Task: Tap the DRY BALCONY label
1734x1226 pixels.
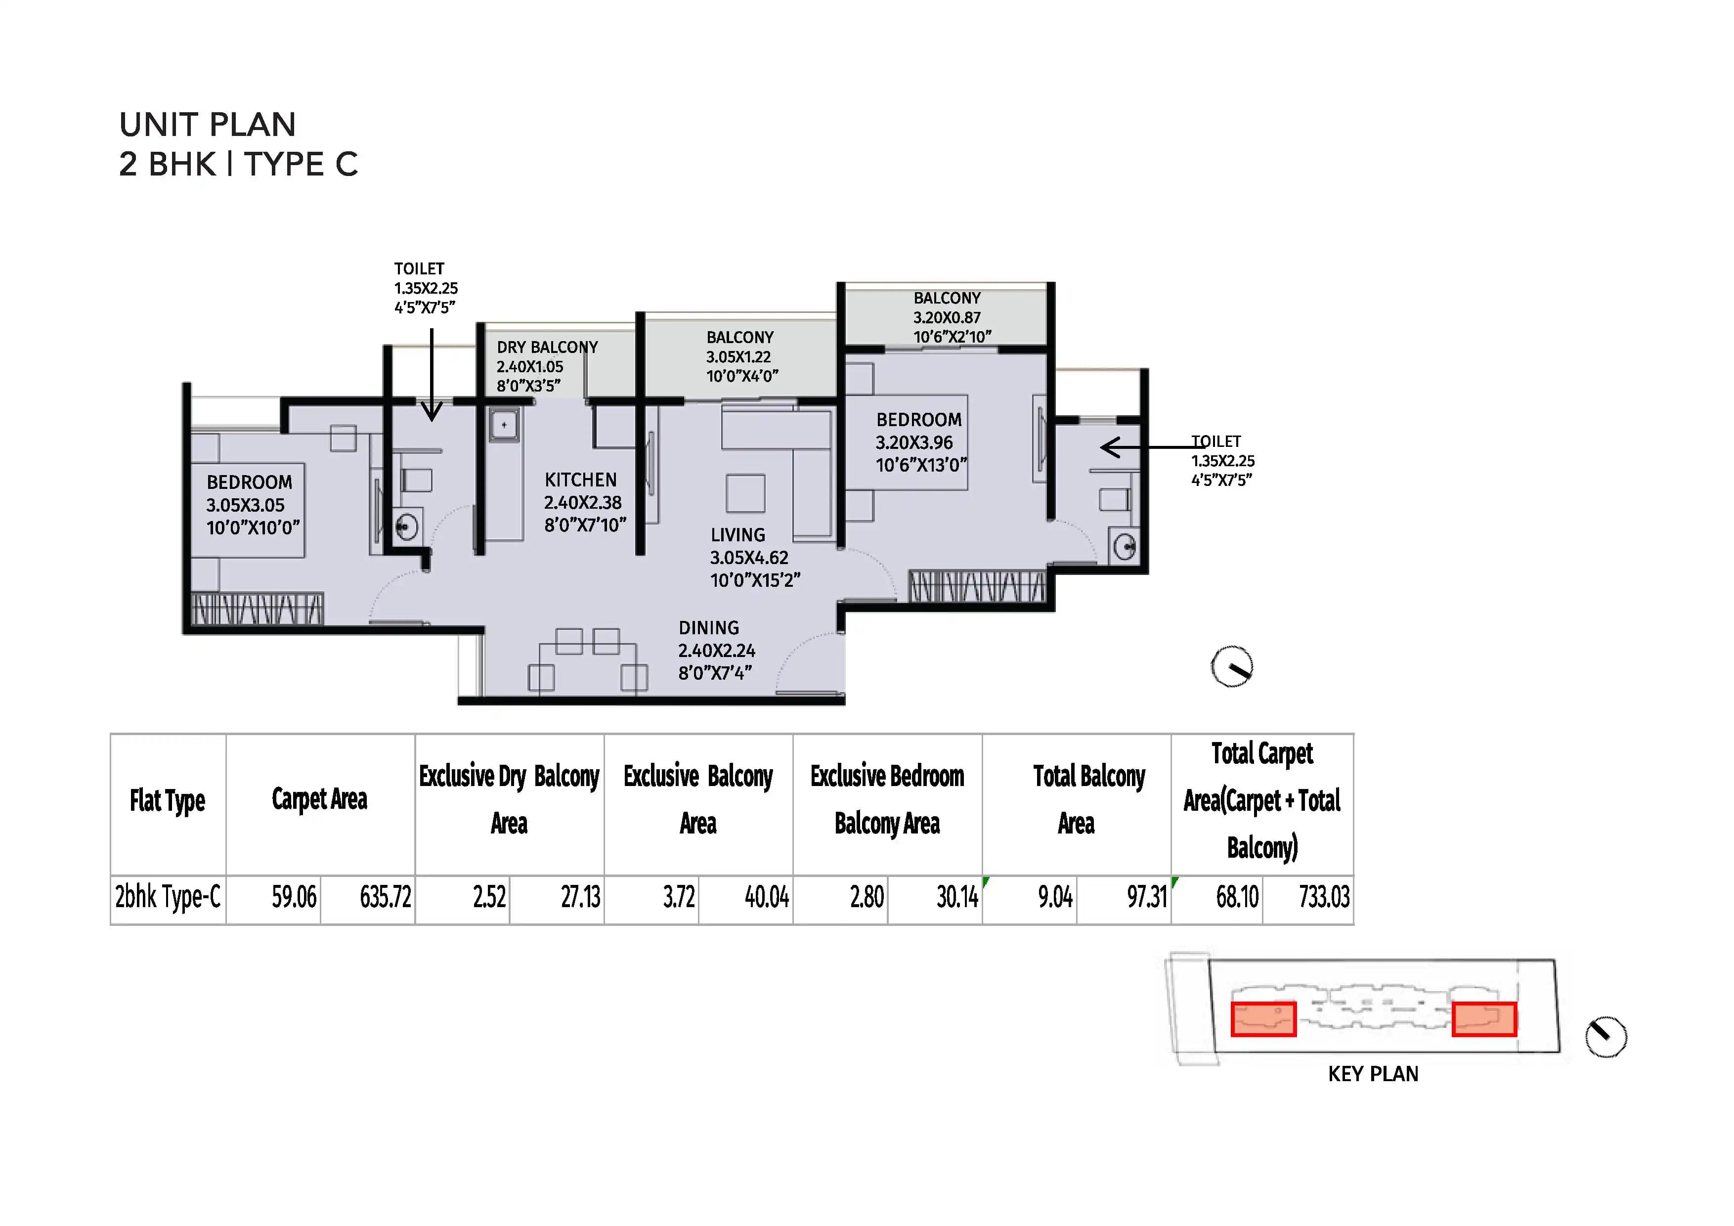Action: click(547, 348)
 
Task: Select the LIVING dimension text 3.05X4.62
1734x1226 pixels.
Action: click(748, 558)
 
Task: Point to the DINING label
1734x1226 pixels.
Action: click(708, 628)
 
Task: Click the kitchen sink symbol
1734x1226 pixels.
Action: click(504, 425)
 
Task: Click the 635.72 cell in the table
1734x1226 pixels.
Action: click(385, 897)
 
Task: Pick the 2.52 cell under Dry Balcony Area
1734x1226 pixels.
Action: click(489, 897)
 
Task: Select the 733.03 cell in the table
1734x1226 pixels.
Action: click(1323, 897)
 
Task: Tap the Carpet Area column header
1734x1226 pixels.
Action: click(319, 799)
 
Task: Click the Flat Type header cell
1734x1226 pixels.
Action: click(167, 801)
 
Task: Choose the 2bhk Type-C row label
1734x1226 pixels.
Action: click(168, 897)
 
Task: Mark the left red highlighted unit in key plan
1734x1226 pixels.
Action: click(1263, 1019)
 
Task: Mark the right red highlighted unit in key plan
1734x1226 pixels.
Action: click(1483, 1019)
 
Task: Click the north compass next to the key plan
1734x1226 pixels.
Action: click(1605, 1037)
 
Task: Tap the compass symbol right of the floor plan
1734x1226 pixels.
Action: click(1232, 667)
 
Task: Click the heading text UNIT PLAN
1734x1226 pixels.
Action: click(207, 125)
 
